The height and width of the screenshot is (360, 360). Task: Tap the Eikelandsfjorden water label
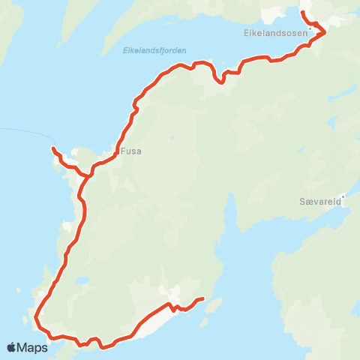pyautogui.click(x=154, y=50)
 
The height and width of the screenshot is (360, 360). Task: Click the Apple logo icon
pyautogui.click(x=12, y=347)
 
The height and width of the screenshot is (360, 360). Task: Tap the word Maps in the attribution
pyautogui.click(x=33, y=347)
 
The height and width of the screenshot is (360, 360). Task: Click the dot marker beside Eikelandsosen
pyautogui.click(x=309, y=30)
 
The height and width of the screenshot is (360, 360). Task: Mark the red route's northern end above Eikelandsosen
pyautogui.click(x=302, y=13)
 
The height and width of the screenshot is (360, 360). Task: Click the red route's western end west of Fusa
pyautogui.click(x=52, y=148)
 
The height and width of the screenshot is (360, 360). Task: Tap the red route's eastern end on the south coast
pyautogui.click(x=203, y=299)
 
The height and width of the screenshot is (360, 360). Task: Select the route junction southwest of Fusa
pyautogui.click(x=90, y=175)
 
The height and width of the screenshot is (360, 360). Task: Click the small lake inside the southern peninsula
pyautogui.click(x=82, y=282)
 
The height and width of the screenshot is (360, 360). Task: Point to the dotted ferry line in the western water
pyautogui.click(x=22, y=133)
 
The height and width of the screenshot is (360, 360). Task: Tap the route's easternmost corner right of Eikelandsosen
pyautogui.click(x=325, y=32)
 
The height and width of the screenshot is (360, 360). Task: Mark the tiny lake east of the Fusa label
pyautogui.click(x=172, y=137)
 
